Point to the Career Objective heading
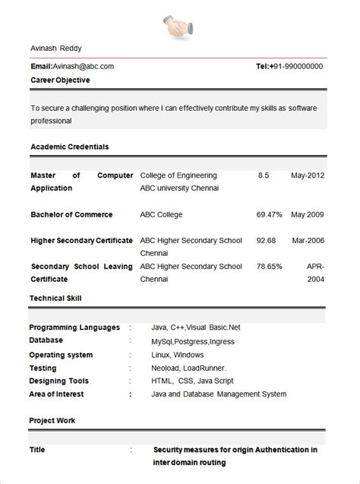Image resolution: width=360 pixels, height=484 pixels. pyautogui.click(x=60, y=80)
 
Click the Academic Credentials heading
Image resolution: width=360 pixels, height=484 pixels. pyautogui.click(x=70, y=146)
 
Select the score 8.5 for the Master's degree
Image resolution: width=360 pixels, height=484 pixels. pyautogui.click(x=264, y=176)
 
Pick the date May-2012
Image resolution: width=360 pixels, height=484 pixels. pyautogui.click(x=308, y=176)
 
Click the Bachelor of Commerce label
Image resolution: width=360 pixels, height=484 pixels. pyautogui.click(x=71, y=214)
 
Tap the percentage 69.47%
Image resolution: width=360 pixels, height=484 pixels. pyautogui.click(x=270, y=214)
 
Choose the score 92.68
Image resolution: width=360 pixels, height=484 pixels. pyautogui.click(x=266, y=241)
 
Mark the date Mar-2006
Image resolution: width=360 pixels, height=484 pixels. pyautogui.click(x=308, y=241)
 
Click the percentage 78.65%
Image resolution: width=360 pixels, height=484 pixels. pyautogui.click(x=270, y=267)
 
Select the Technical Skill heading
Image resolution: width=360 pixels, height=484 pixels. pyautogui.click(x=55, y=299)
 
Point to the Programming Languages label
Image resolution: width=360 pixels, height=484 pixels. pyautogui.click(x=74, y=327)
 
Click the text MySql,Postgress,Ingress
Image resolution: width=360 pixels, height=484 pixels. pyautogui.click(x=194, y=341)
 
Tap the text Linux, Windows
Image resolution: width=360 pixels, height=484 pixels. pyautogui.click(x=177, y=355)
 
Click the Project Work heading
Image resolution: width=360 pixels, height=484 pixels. pyautogui.click(x=52, y=420)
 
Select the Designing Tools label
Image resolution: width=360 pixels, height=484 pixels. pyautogui.click(x=59, y=381)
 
